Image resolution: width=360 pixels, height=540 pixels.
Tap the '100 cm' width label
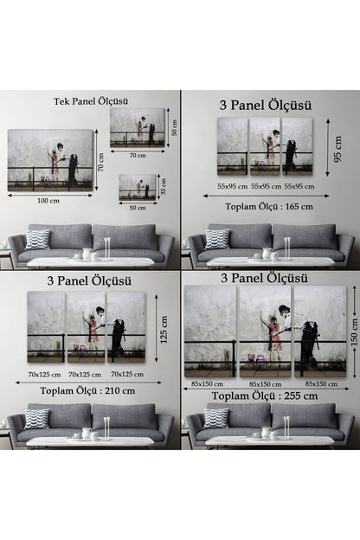point(48,201)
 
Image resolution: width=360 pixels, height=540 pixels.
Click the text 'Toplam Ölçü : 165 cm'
point(270,206)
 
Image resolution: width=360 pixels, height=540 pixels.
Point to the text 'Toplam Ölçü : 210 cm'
point(91,390)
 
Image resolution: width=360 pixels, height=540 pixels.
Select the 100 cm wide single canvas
point(50,160)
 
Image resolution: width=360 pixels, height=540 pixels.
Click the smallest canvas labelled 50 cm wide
point(138,187)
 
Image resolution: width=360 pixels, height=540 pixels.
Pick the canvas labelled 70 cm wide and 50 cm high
point(138,126)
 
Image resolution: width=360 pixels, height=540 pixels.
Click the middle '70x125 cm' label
point(87,374)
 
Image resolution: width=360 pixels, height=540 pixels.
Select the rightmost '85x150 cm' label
point(320,383)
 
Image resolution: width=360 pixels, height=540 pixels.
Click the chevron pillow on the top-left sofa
point(37,240)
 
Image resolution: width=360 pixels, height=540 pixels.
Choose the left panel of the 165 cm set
point(231,146)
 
